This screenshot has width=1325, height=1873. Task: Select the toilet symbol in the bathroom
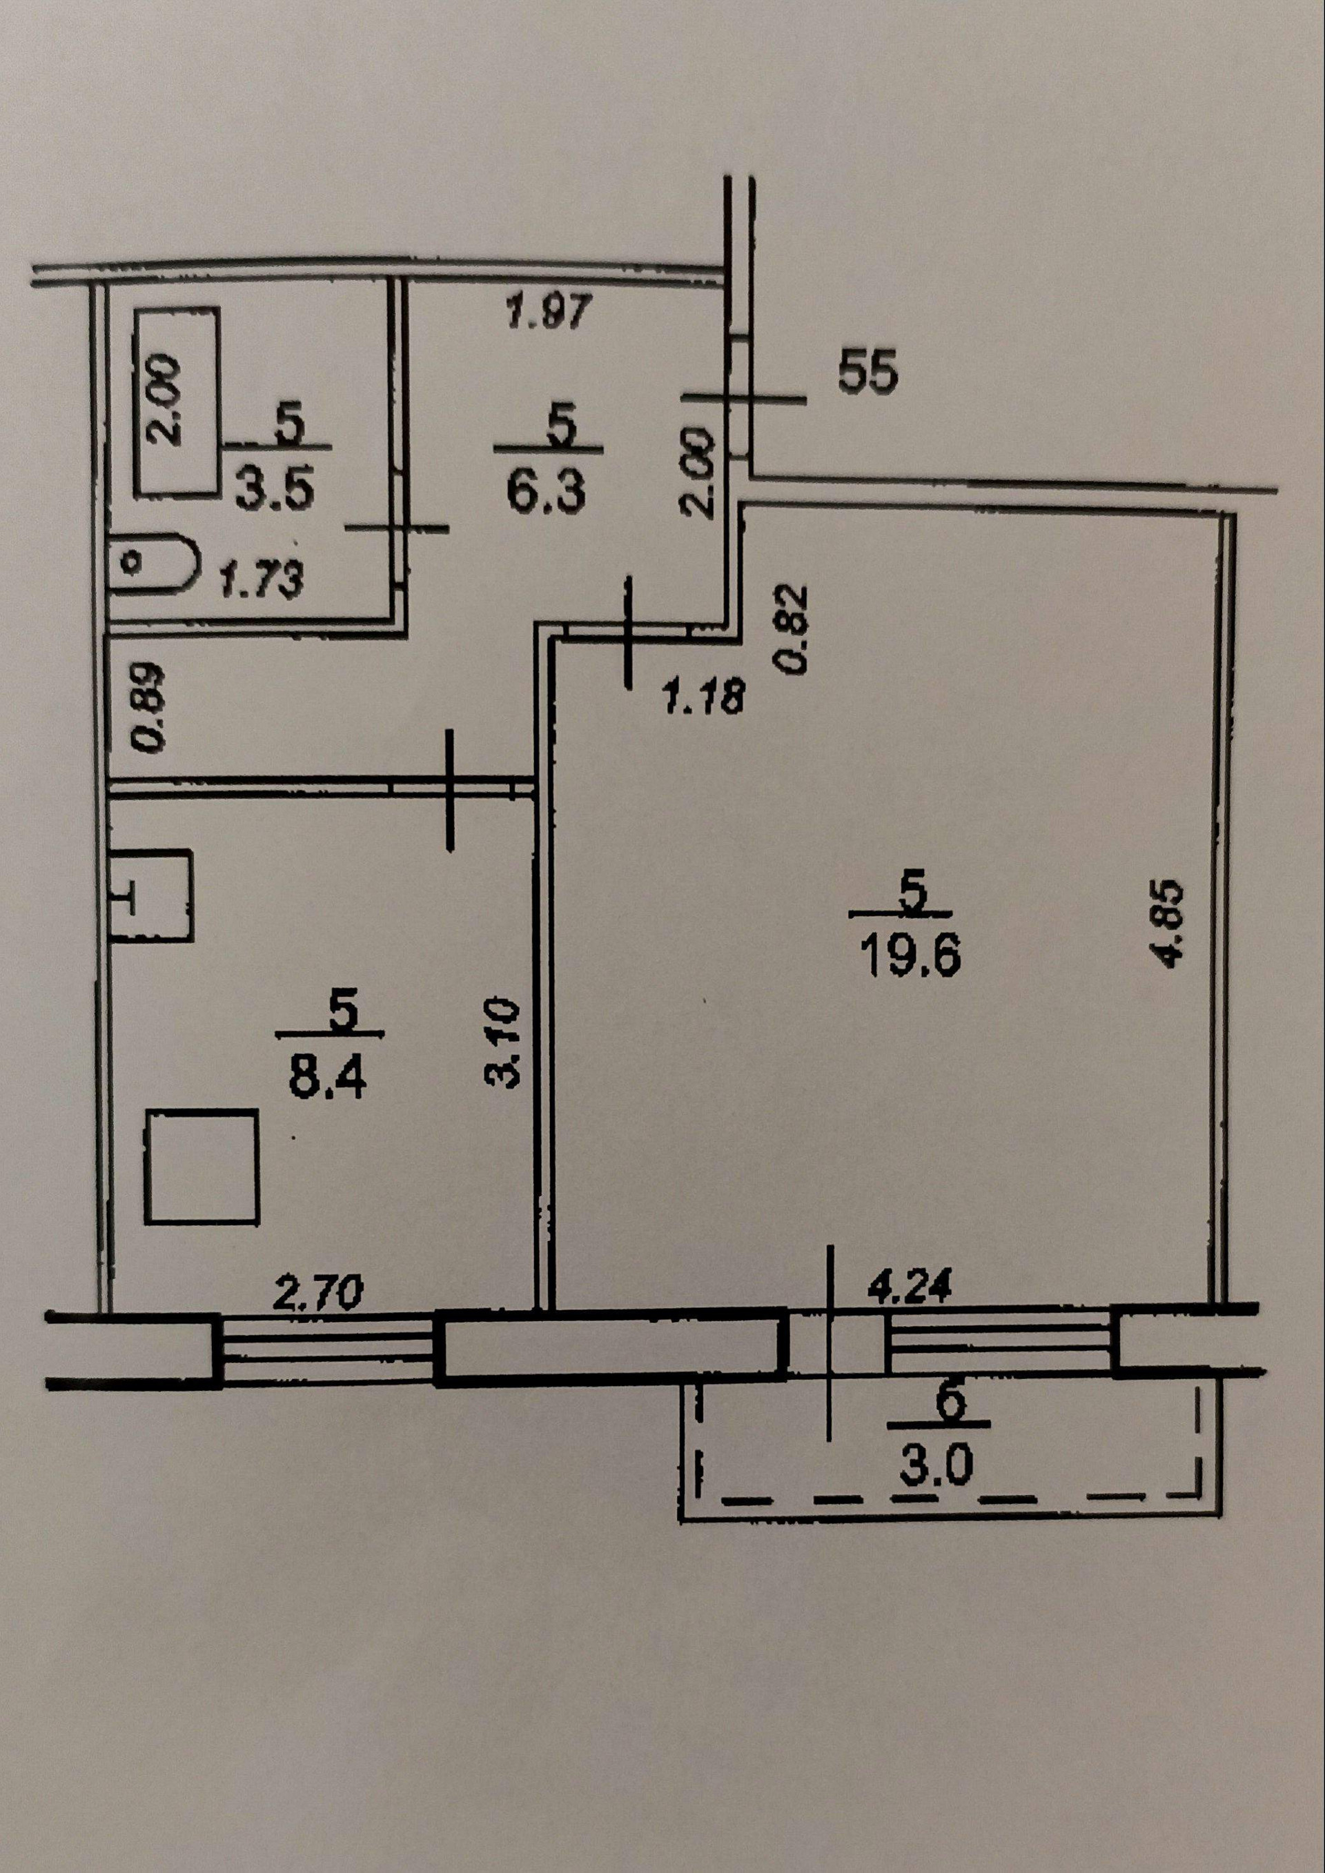click(x=153, y=563)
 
